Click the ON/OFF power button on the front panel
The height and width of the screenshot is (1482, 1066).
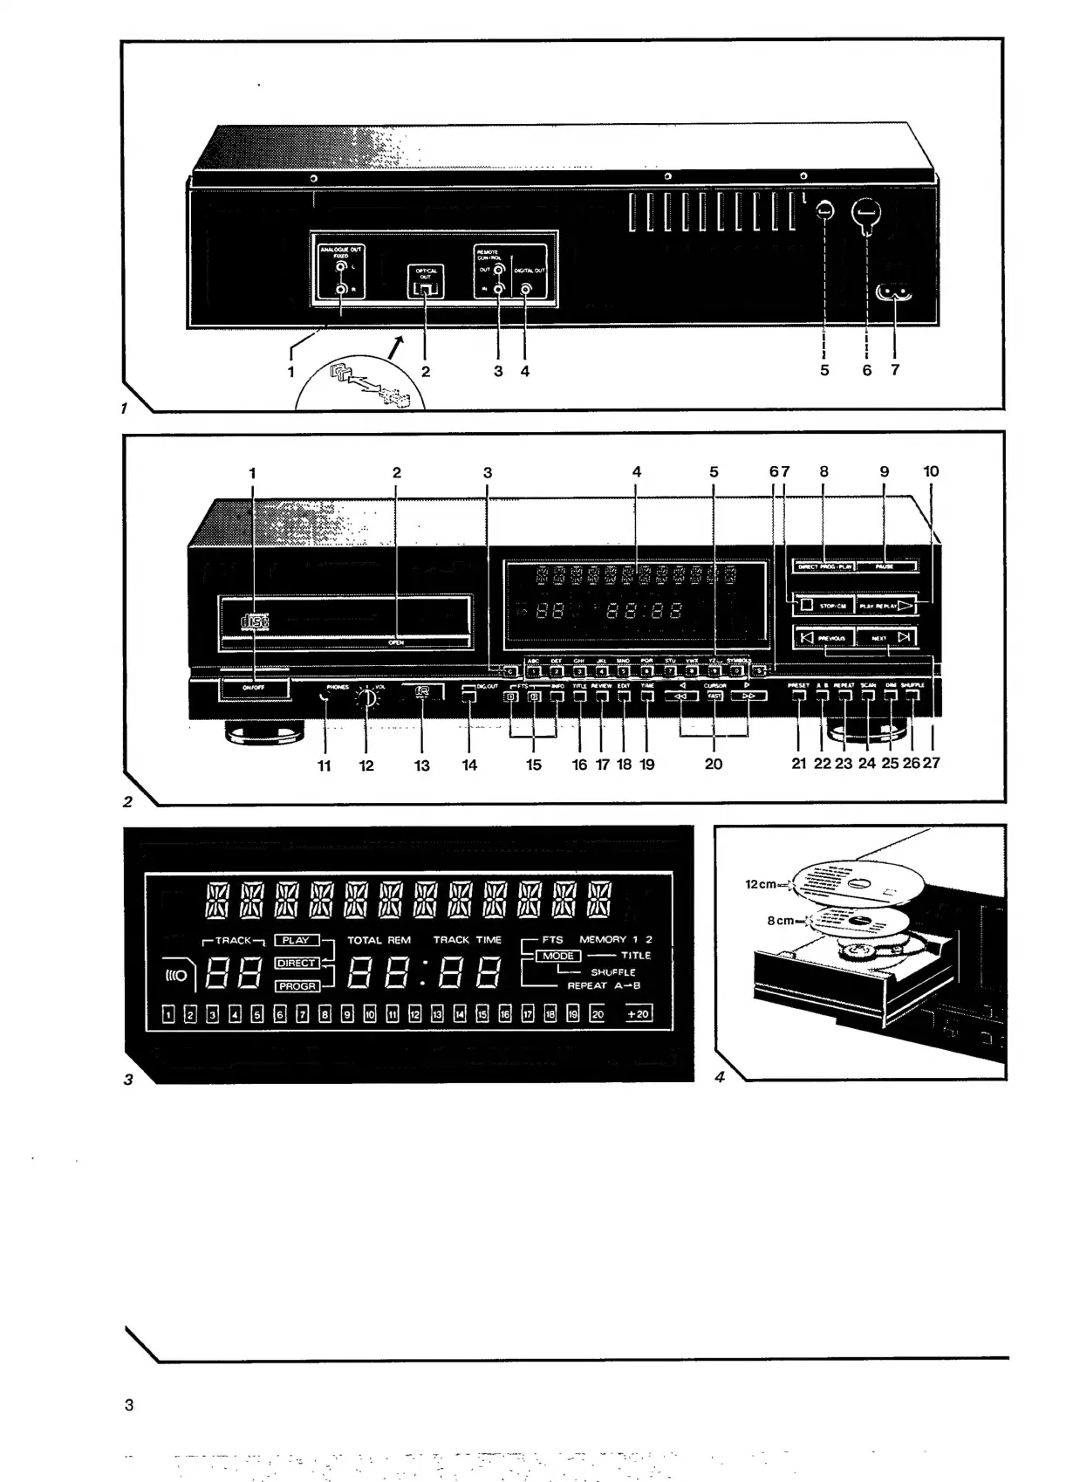point(253,688)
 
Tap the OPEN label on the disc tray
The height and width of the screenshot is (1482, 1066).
point(396,642)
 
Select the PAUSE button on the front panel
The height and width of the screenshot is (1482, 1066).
point(886,566)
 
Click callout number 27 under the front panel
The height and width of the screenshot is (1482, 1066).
point(932,764)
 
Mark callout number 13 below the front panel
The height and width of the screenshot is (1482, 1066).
point(422,765)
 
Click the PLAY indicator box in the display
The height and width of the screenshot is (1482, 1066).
point(297,941)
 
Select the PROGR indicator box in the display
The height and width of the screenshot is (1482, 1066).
point(297,986)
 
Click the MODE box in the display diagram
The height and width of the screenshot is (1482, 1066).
point(558,956)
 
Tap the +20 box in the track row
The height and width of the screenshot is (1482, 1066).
point(639,1014)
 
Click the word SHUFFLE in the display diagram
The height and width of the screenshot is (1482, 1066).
point(612,971)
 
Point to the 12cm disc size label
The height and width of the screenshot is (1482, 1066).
point(761,884)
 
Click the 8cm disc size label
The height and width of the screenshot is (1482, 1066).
point(782,921)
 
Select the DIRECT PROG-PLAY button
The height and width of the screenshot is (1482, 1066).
point(824,566)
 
